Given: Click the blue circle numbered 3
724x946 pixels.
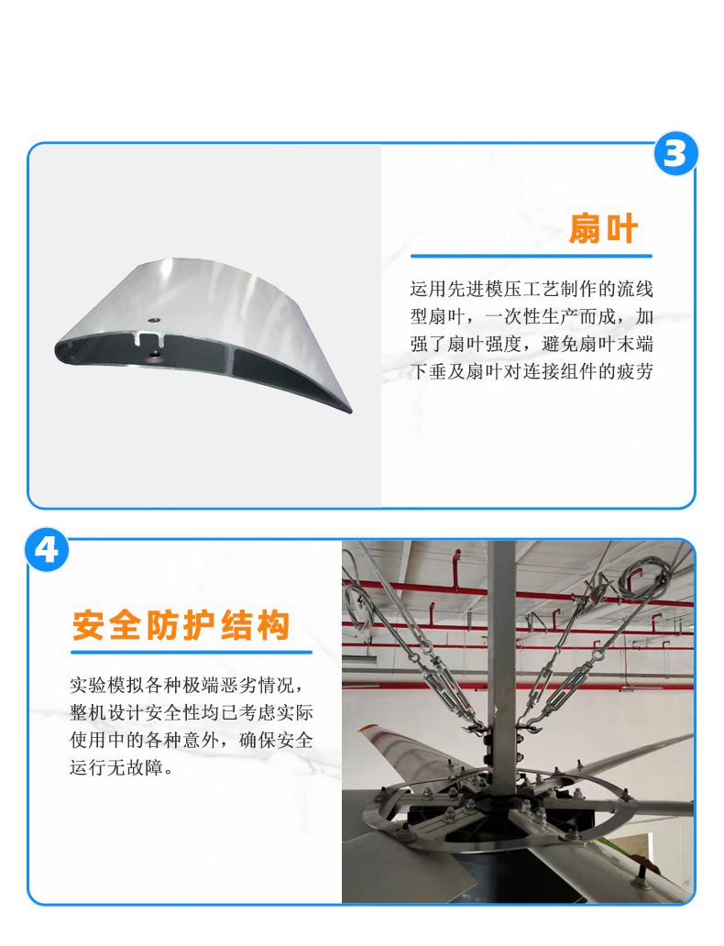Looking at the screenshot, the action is click(675, 154).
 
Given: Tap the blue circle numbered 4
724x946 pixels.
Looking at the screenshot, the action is click(47, 550).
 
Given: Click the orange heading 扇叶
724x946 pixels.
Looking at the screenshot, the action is click(603, 228).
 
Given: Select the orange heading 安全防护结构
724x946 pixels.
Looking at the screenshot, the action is click(181, 625).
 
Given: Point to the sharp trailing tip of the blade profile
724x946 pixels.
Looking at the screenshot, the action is click(350, 412).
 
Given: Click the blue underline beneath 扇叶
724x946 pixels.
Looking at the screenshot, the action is click(532, 257).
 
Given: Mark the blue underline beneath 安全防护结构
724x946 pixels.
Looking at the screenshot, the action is click(192, 652).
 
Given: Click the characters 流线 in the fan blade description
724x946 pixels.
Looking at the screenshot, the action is click(635, 289).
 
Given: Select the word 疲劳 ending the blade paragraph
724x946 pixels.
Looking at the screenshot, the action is click(635, 371).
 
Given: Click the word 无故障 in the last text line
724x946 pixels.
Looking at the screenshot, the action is click(135, 767).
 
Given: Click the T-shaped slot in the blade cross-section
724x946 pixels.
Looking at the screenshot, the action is click(148, 338).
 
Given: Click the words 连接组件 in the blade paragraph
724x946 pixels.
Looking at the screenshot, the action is click(560, 371).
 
